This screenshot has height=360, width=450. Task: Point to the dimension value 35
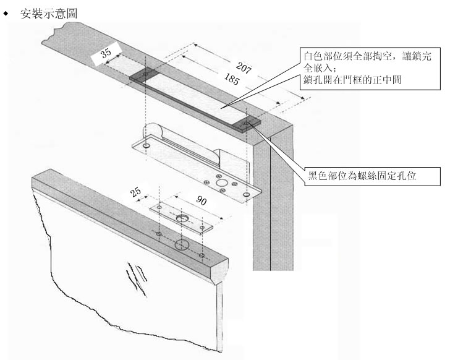coord(106,54)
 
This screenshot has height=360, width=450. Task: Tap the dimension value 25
coord(137,192)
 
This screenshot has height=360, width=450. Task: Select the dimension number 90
coord(201,202)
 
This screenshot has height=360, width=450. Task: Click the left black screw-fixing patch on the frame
coord(145,75)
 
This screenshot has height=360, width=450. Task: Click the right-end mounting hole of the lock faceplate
coord(247,195)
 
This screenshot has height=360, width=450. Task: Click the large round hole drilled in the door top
coord(182,246)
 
